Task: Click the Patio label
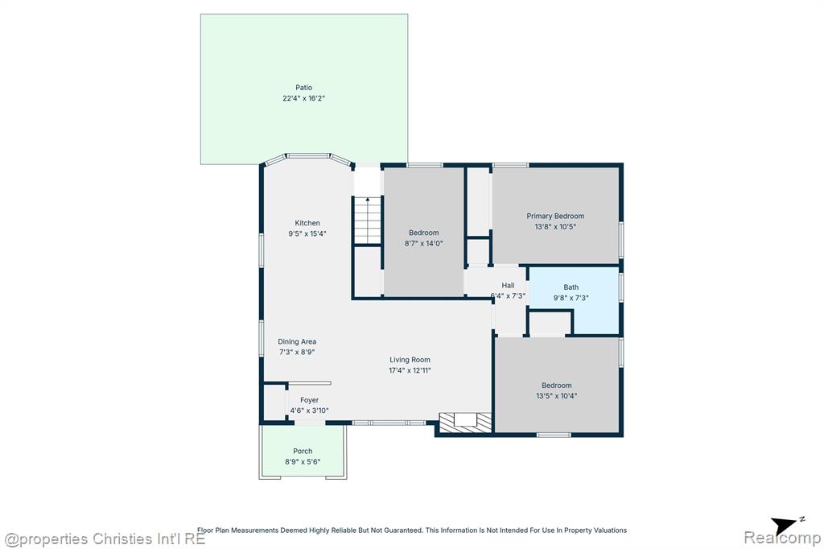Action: tap(303, 88)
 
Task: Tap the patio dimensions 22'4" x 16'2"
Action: tap(303, 98)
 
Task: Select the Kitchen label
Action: tap(307, 223)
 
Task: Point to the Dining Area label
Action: tap(297, 342)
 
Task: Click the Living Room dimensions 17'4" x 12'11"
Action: tap(410, 370)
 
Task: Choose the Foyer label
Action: tap(310, 400)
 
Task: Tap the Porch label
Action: tap(303, 451)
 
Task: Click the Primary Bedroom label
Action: tap(555, 216)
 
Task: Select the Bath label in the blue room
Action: tap(571, 287)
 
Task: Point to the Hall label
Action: tap(508, 286)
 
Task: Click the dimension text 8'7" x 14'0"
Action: tap(423, 243)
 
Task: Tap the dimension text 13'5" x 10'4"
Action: tap(557, 396)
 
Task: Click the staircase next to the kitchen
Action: tap(367, 221)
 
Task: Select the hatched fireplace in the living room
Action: tap(466, 423)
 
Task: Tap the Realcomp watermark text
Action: tap(782, 538)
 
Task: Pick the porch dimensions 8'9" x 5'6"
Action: tap(303, 462)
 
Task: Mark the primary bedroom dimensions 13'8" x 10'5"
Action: tap(555, 227)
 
